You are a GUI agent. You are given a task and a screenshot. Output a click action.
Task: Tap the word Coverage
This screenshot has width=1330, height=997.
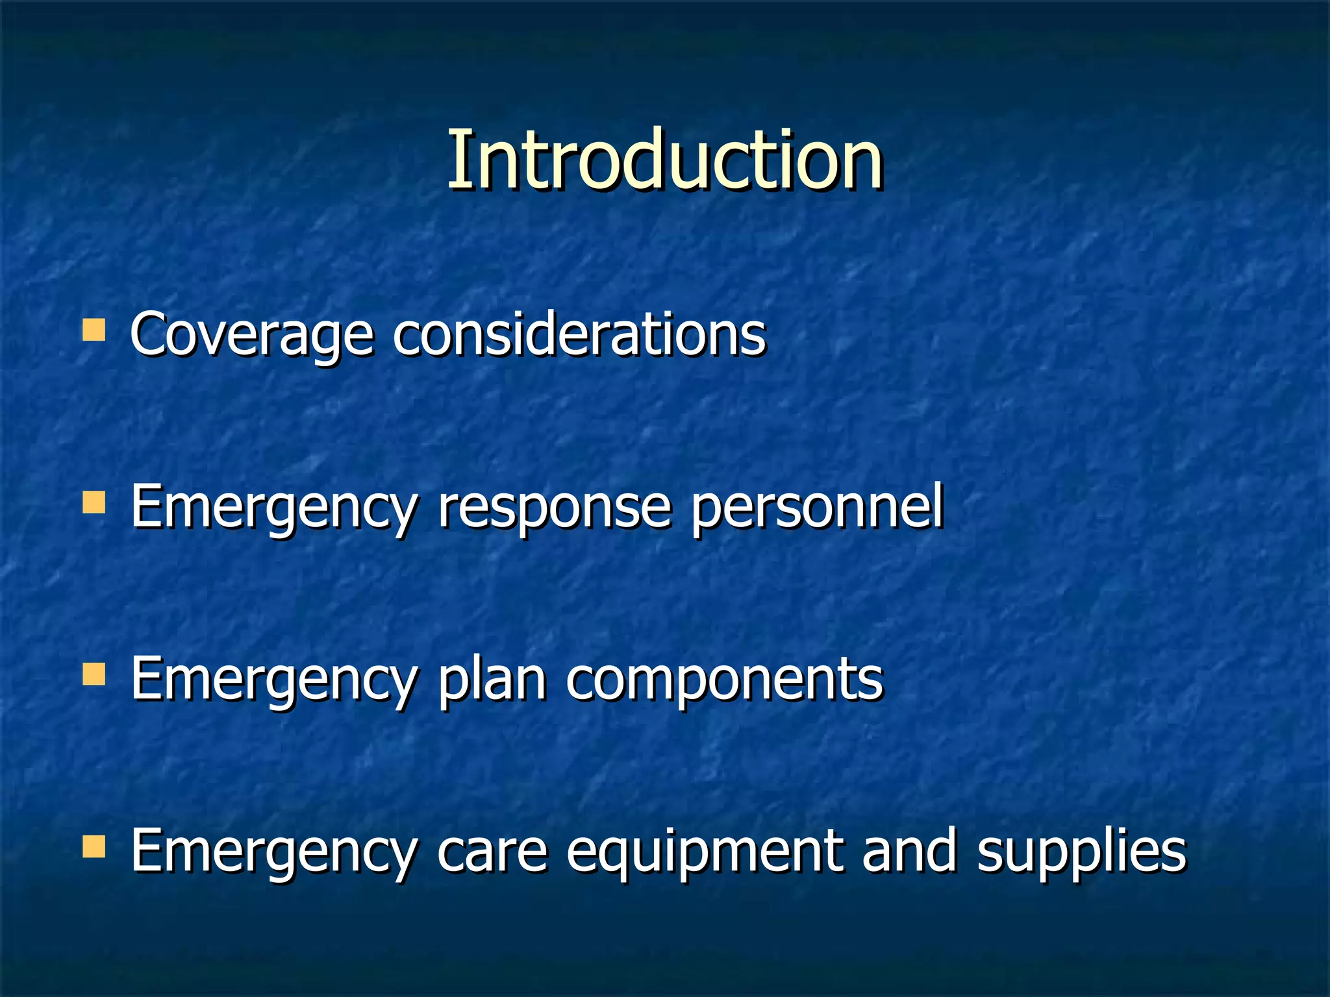point(252,334)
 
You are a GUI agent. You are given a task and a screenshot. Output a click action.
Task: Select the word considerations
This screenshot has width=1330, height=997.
point(579,334)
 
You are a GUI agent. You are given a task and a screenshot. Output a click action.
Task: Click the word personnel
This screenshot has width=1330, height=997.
point(816,508)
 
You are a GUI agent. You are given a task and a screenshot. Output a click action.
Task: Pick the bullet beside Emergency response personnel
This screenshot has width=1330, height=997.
point(94,502)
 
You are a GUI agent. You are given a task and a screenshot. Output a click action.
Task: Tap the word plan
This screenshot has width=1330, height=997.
point(492,680)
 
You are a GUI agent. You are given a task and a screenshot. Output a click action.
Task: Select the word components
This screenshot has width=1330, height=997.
point(724,680)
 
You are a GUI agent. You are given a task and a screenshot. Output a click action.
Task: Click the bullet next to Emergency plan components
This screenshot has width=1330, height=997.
point(94,674)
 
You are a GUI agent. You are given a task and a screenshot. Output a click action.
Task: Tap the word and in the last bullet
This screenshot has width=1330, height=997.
point(909,850)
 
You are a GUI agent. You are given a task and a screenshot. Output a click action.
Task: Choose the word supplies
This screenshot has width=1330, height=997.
point(1081,852)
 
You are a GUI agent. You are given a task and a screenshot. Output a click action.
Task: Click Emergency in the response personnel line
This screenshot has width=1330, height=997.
point(273,508)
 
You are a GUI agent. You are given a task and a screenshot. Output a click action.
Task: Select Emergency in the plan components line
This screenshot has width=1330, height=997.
point(273,680)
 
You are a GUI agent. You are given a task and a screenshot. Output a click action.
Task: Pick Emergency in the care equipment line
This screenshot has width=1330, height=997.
point(273,852)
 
